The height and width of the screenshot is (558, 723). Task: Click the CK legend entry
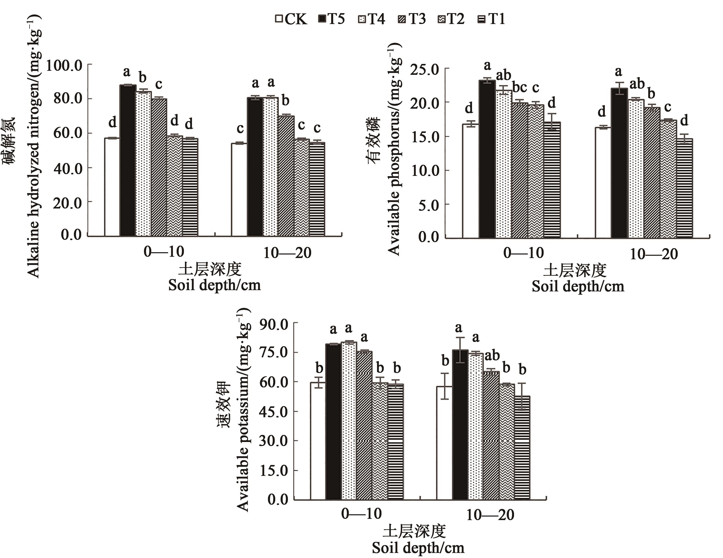tap(291, 19)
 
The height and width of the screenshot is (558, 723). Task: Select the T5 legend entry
tap(331, 19)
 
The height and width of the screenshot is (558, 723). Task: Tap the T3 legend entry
tap(412, 19)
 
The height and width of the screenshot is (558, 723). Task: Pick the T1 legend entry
tap(492, 19)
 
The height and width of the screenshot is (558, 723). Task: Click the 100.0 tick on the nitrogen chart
tap(64, 65)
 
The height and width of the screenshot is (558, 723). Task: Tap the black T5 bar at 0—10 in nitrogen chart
tap(128, 160)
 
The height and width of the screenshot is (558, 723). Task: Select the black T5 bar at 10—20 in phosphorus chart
tap(619, 163)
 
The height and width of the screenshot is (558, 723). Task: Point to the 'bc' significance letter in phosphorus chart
tap(519, 87)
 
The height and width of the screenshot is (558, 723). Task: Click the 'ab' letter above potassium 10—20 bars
tap(492, 356)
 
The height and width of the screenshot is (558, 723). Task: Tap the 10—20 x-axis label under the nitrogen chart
tap(287, 253)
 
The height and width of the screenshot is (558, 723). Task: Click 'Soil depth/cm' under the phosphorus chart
tap(578, 286)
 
